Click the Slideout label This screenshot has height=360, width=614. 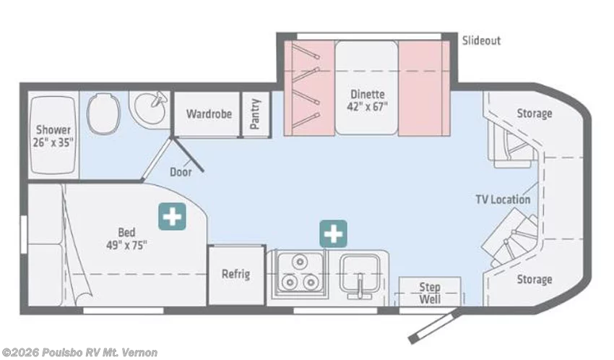point(481,40)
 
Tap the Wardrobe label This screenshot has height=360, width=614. point(209,114)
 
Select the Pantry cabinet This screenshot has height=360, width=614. point(256,114)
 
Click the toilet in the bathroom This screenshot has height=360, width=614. point(103,113)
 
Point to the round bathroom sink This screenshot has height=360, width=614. point(150,106)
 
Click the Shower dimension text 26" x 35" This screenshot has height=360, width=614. point(53,142)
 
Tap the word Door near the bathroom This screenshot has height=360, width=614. point(181,171)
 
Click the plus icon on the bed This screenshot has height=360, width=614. point(172,216)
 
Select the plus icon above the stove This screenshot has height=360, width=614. point(333,234)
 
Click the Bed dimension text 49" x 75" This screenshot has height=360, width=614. point(126,245)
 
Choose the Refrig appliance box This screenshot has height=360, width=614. point(236,275)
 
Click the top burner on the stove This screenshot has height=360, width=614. point(300,261)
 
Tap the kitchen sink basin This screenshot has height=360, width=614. point(360,274)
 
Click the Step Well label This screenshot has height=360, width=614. point(430,293)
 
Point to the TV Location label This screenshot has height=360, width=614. point(503,200)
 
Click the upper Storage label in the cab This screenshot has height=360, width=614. point(535,113)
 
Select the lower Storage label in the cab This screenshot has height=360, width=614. point(535,280)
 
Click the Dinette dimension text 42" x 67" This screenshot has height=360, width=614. point(367,106)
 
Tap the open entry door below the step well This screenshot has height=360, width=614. point(436,325)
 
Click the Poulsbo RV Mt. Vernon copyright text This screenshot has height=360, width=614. point(79,353)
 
